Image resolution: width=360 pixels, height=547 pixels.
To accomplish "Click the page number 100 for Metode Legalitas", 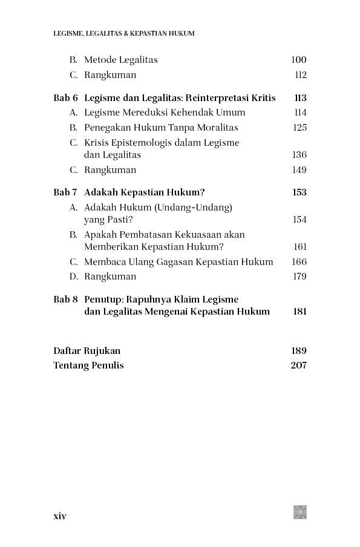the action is coord(298,60).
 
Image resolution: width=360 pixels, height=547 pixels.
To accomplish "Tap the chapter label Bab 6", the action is coord(65,98).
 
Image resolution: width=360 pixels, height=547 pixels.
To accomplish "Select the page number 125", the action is coord(299,128).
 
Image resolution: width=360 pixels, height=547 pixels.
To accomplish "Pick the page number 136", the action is coord(299,155).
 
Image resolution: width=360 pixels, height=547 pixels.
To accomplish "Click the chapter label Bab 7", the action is coord(65,192).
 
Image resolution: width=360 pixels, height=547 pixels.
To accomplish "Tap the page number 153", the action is coord(299,192).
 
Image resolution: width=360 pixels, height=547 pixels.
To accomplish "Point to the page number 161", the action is coord(300,247).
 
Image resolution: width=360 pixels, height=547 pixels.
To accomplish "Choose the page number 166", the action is coord(299,262).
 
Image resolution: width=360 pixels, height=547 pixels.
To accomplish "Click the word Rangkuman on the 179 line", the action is coord(110,277).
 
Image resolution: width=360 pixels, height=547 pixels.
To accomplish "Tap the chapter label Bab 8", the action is coord(65,300).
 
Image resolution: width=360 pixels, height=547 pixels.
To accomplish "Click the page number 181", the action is coord(299,312).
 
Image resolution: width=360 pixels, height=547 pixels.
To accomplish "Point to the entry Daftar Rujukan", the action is coord(87,351).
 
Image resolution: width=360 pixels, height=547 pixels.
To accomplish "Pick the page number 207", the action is coord(299,365).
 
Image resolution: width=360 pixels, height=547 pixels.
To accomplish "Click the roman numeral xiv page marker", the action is coord(60,516).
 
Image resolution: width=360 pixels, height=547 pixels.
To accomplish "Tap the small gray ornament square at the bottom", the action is coord(300,513).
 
